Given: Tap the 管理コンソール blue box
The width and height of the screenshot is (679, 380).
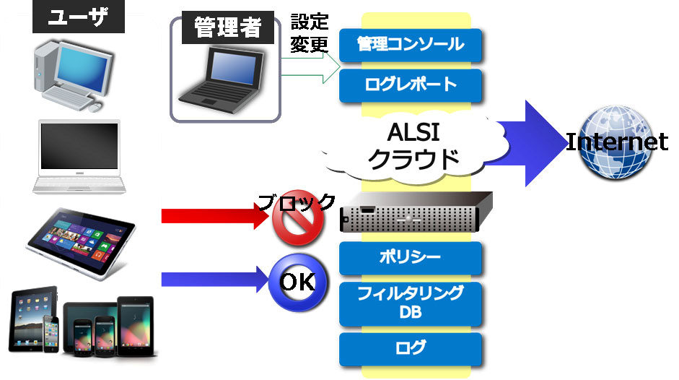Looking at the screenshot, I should point(410,45).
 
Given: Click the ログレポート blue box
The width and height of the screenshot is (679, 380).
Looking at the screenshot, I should point(410,85).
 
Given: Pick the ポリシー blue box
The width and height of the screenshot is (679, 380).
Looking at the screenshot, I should point(410,258).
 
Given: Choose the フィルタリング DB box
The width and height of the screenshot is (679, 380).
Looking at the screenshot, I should point(410,303).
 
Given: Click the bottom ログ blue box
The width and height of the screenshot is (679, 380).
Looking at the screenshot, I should point(410,348).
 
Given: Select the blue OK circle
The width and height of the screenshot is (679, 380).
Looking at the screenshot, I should point(297,282).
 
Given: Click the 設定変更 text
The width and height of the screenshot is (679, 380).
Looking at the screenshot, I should point(309,34).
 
